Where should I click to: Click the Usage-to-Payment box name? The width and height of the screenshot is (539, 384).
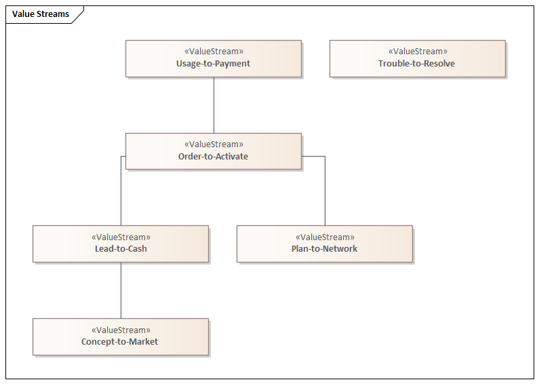pyautogui.click(x=214, y=64)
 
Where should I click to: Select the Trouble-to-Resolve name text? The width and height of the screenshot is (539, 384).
pyautogui.click(x=417, y=64)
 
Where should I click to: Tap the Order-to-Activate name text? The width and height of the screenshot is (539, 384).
pyautogui.click(x=214, y=157)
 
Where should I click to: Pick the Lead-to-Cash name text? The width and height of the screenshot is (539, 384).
pyautogui.click(x=121, y=249)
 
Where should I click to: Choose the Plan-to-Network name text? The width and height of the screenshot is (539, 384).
pyautogui.click(x=325, y=249)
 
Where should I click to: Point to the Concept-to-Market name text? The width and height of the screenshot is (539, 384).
pyautogui.click(x=120, y=342)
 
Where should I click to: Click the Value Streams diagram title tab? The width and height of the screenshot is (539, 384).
pyautogui.click(x=41, y=14)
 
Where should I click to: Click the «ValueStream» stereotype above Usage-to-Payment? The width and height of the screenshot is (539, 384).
pyautogui.click(x=214, y=52)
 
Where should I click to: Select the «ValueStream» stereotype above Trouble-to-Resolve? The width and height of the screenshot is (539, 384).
pyautogui.click(x=417, y=52)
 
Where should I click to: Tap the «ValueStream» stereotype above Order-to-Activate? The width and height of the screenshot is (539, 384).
pyautogui.click(x=214, y=145)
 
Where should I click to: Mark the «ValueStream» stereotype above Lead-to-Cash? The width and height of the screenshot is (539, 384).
pyautogui.click(x=121, y=237)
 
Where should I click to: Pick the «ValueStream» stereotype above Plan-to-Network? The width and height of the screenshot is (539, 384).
pyautogui.click(x=325, y=237)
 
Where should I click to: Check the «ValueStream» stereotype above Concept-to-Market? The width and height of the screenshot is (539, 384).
pyautogui.click(x=120, y=330)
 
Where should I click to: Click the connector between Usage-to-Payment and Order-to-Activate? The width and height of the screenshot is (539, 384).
pyautogui.click(x=214, y=105)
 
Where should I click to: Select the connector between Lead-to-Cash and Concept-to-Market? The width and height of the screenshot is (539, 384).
pyautogui.click(x=121, y=290)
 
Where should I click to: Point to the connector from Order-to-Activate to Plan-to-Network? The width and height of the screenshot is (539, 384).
pyautogui.click(x=325, y=193)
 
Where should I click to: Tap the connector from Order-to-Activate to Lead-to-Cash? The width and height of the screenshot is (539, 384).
pyautogui.click(x=121, y=193)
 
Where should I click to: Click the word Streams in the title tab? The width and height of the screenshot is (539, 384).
pyautogui.click(x=54, y=14)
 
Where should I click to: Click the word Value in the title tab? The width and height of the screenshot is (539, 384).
pyautogui.click(x=24, y=14)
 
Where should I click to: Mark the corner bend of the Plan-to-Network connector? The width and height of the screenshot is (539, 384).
pyautogui.click(x=325, y=157)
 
